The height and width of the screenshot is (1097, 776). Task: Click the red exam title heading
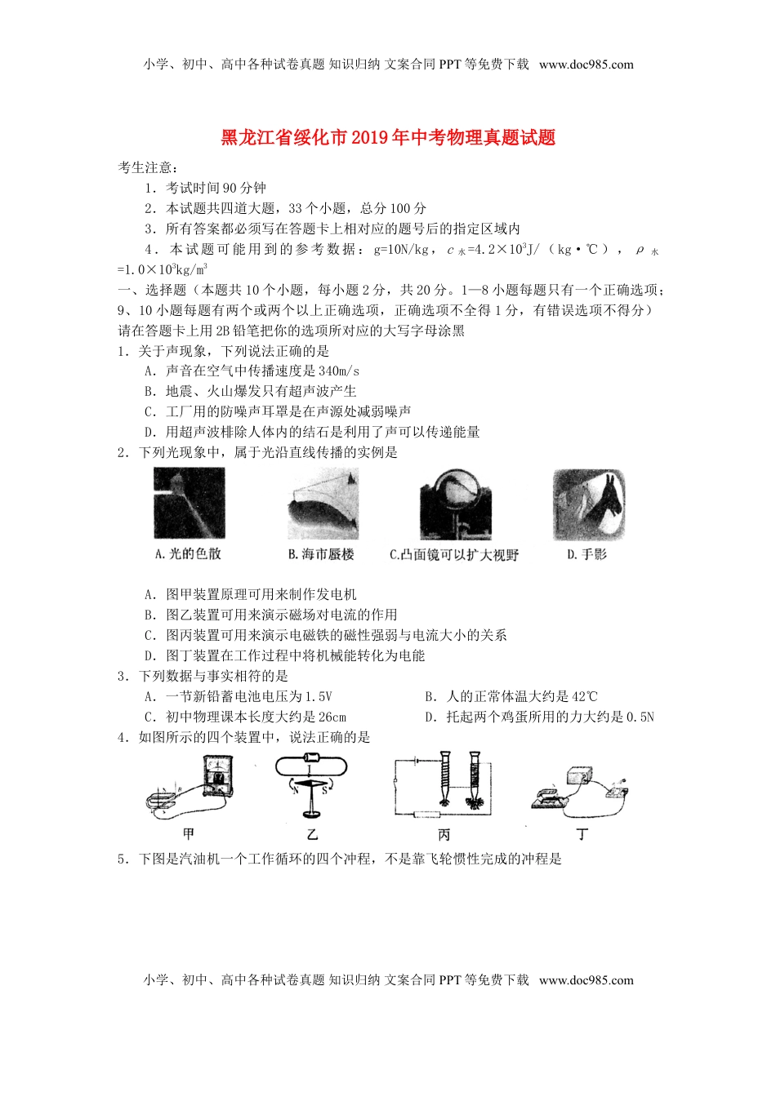click(388, 137)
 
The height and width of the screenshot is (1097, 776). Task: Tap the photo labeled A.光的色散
click(189, 503)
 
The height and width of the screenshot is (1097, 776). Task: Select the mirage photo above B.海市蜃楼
click(323, 503)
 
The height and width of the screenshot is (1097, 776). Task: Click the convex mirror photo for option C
click(455, 504)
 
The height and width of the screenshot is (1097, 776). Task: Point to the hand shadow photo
click(588, 504)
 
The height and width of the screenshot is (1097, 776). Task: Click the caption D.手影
click(586, 554)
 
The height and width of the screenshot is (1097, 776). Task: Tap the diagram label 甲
click(189, 833)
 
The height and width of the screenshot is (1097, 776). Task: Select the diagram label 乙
click(312, 834)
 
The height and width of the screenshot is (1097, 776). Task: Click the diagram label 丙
click(444, 834)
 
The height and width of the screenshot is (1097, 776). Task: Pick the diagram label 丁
click(582, 833)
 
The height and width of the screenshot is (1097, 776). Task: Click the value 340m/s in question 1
click(339, 371)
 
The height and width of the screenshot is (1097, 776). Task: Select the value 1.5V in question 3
click(318, 696)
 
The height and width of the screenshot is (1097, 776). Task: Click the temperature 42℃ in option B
click(584, 696)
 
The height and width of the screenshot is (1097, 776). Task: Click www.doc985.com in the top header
click(586, 64)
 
